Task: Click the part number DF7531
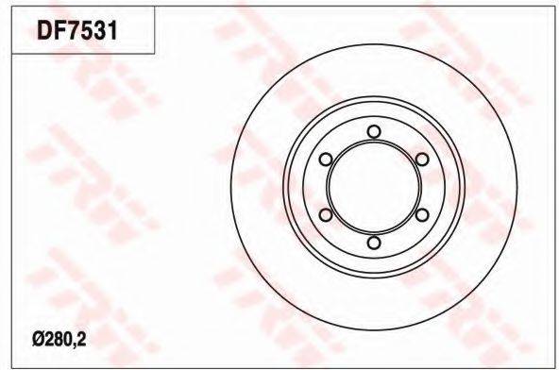coord(77,30)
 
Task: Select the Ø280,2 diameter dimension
coord(59,341)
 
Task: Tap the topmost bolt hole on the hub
coord(374,131)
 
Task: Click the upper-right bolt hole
coord(422,159)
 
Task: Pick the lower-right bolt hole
coord(422,215)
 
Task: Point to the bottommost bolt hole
coord(374,243)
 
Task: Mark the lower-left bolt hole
coord(325,215)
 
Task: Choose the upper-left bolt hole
coord(325,159)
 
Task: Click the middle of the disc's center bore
coord(374,187)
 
